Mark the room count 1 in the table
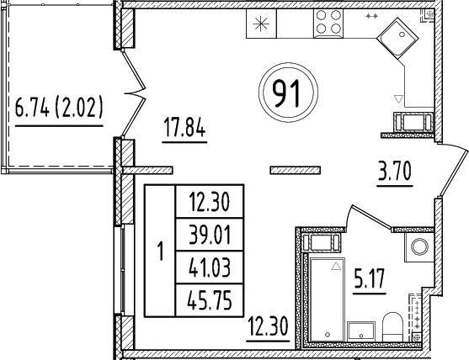[x=160, y=251]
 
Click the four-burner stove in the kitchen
[x=328, y=25]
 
